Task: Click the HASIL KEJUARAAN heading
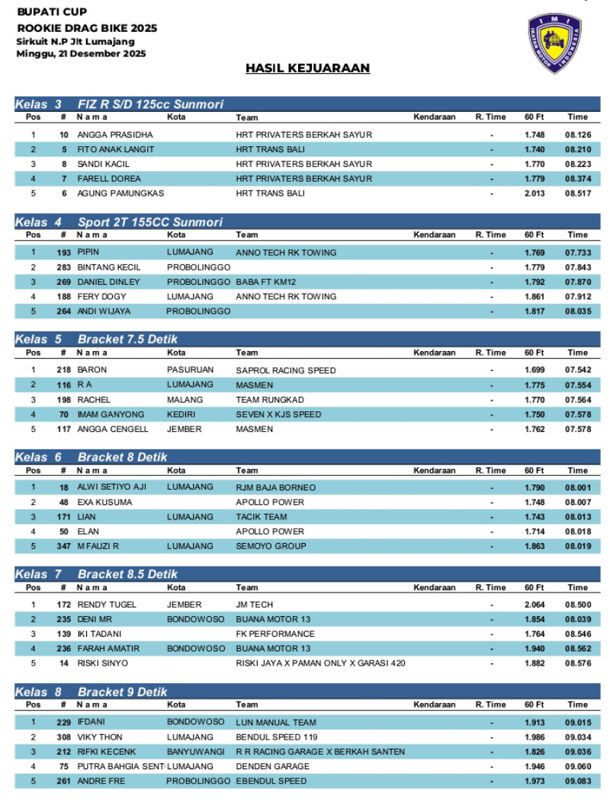[307, 69]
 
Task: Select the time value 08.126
[576, 135]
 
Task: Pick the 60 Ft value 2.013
[535, 193]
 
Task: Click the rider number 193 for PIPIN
[63, 252]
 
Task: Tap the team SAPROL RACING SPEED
[285, 370]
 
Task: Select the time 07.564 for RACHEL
[576, 400]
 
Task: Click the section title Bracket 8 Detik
[122, 457]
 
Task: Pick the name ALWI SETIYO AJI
[111, 487]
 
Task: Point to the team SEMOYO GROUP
[271, 546]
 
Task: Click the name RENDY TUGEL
[107, 605]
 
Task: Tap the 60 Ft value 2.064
[535, 605]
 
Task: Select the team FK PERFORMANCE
[274, 634]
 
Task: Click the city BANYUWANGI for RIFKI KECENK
[196, 752]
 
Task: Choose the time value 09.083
[576, 781]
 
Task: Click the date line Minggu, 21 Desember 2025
[81, 53]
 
